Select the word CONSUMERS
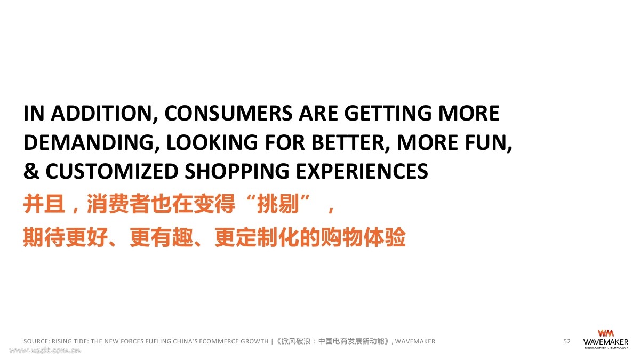pyautogui.click(x=228, y=113)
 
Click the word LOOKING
pyautogui.click(x=212, y=142)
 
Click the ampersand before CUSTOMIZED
pyautogui.click(x=31, y=171)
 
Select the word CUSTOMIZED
pyautogui.click(x=112, y=171)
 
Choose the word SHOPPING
pyautogui.click(x=237, y=171)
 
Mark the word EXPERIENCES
pyautogui.click(x=362, y=171)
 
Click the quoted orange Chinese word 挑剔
pyautogui.click(x=278, y=204)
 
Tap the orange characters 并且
pyautogui.click(x=44, y=204)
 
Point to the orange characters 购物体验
pyautogui.click(x=363, y=237)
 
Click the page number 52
pyautogui.click(x=567, y=341)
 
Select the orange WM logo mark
pyautogui.click(x=605, y=333)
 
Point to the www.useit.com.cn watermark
pyautogui.click(x=45, y=350)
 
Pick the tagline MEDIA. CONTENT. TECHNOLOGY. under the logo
pyautogui.click(x=606, y=348)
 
